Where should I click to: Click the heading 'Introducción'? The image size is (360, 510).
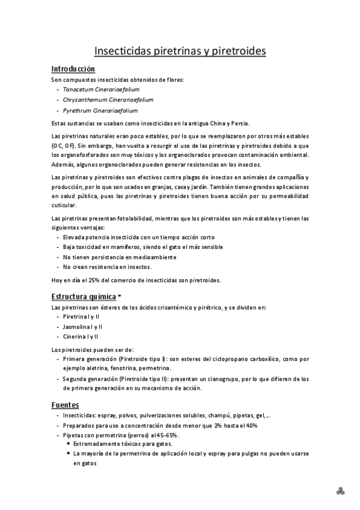point(73,69)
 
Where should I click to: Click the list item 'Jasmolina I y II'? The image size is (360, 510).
point(83,326)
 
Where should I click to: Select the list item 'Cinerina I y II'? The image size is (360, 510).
point(81,336)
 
